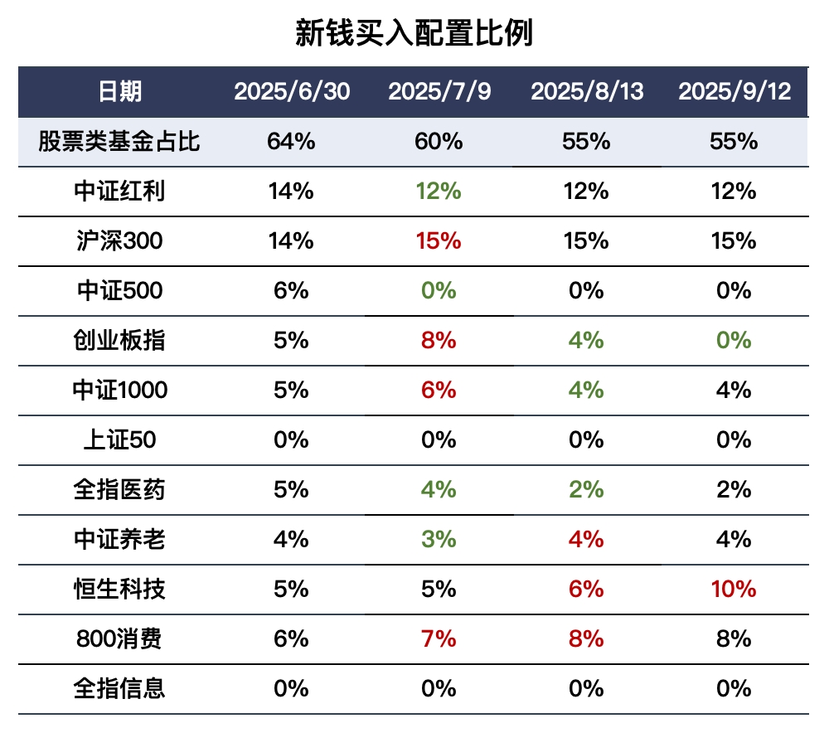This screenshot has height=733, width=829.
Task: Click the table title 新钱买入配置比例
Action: click(x=414, y=34)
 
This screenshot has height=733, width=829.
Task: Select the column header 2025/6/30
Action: click(x=291, y=91)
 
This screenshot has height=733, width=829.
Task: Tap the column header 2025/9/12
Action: click(x=734, y=91)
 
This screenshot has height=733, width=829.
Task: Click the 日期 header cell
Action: click(x=119, y=91)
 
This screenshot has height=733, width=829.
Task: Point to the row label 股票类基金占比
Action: click(x=119, y=142)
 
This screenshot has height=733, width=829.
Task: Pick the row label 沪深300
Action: click(x=119, y=241)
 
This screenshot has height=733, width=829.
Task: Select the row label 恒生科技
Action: click(x=119, y=590)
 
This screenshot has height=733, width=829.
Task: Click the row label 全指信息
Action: click(x=119, y=689)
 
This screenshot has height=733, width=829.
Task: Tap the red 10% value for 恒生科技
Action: click(x=734, y=590)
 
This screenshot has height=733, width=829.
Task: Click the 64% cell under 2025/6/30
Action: click(x=291, y=142)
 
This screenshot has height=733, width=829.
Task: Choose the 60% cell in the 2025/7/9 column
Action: click(x=439, y=142)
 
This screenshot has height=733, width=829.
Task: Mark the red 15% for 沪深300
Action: click(x=439, y=241)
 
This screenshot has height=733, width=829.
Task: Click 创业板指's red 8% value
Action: click(x=439, y=341)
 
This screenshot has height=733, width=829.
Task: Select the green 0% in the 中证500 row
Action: click(x=439, y=291)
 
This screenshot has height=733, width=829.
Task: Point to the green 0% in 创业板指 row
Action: click(x=734, y=341)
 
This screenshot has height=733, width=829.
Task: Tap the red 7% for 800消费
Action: click(x=439, y=639)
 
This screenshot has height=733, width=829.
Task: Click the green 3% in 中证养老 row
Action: click(x=439, y=540)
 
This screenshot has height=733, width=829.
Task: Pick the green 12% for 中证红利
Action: click(x=439, y=192)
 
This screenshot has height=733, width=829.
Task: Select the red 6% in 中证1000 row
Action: click(x=439, y=391)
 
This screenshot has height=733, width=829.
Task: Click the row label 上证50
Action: click(x=119, y=440)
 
